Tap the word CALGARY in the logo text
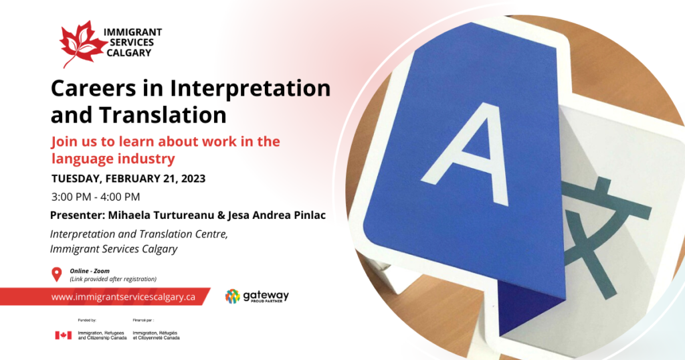(129, 53)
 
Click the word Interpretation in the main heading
(250, 88)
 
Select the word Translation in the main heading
(163, 115)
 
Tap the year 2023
(193, 179)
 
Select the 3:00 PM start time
(71, 197)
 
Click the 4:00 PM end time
(120, 197)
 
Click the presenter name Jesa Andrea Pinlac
(276, 215)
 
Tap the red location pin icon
(56, 274)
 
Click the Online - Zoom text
(90, 271)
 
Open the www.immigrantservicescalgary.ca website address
(123, 297)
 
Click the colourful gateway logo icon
(232, 296)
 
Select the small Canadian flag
(64, 335)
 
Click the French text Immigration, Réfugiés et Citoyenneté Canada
(156, 335)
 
